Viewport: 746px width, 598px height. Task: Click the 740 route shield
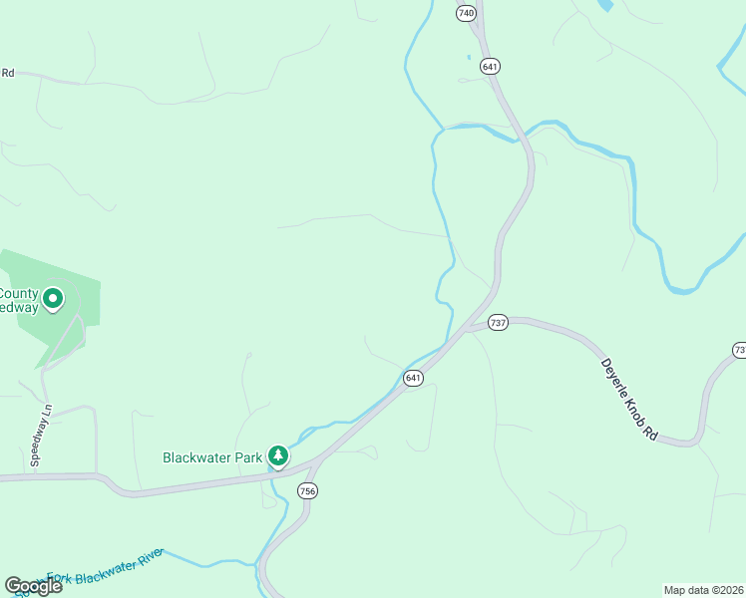point(466,13)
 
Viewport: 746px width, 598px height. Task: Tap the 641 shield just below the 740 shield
point(489,66)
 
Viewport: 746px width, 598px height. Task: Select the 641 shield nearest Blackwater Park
point(413,378)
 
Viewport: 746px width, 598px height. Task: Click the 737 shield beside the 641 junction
point(499,323)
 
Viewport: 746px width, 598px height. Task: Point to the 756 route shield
point(307,490)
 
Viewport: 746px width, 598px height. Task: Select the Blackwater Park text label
point(212,458)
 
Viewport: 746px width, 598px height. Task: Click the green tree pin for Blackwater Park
point(279,456)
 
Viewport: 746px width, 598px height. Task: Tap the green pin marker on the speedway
point(53,297)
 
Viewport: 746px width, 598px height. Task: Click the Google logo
point(33,586)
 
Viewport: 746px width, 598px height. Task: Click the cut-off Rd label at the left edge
point(7,72)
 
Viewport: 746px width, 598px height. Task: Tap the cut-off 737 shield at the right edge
point(739,350)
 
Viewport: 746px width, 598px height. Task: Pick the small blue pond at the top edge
point(604,5)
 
